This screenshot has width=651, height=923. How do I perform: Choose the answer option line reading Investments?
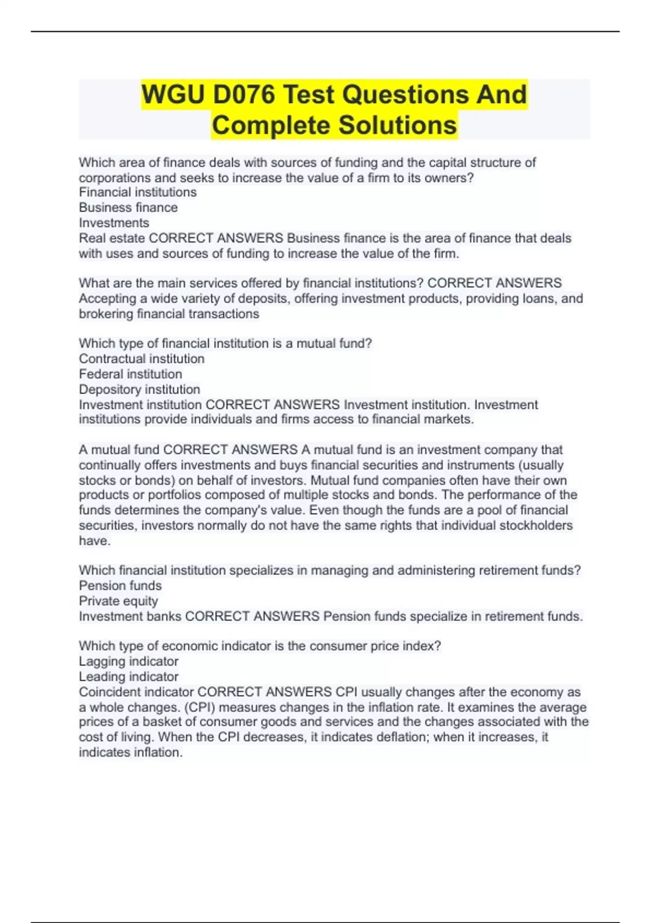(114, 223)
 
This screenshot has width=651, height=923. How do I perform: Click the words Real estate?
(112, 238)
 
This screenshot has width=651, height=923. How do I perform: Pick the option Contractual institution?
(142, 359)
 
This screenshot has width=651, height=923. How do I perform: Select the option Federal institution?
(130, 374)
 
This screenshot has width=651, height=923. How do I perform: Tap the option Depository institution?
(139, 389)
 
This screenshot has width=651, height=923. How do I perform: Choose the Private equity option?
(118, 601)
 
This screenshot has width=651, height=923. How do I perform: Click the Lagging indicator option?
(129, 661)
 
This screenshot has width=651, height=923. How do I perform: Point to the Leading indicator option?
(129, 677)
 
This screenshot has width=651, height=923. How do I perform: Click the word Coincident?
(107, 692)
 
